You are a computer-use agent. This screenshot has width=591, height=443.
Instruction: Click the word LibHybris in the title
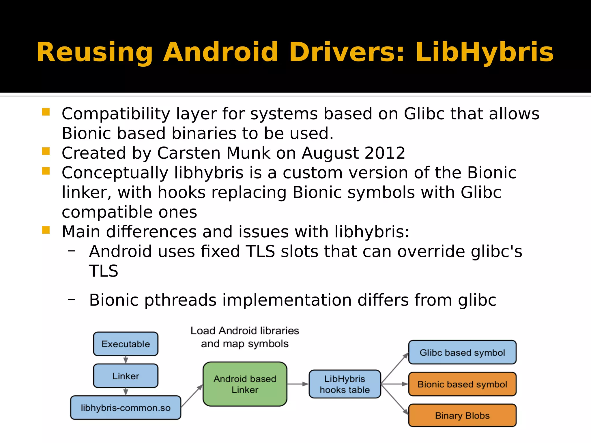[x=484, y=52]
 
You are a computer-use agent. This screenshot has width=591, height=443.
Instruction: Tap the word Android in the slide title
[x=220, y=52]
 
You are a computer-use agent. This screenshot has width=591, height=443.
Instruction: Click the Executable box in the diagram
[x=126, y=344]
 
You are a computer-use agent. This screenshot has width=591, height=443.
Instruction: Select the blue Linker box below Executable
[x=126, y=376]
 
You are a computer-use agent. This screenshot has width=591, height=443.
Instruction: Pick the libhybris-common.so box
[x=126, y=408]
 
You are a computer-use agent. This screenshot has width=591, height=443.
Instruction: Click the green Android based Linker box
[x=245, y=384]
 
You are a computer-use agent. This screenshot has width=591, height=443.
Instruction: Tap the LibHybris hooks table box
[x=345, y=384]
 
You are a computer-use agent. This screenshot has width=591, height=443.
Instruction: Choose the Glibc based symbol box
[x=462, y=352]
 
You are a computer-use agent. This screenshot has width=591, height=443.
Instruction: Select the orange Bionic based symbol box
[x=462, y=384]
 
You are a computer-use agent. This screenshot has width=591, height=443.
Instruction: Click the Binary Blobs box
[x=462, y=415]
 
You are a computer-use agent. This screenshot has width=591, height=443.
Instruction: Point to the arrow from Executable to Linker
[x=126, y=360]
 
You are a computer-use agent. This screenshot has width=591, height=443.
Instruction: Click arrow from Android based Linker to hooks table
[x=298, y=384]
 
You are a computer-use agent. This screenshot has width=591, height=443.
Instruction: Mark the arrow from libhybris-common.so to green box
[x=192, y=396]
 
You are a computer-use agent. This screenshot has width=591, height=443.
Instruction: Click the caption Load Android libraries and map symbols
[x=245, y=337]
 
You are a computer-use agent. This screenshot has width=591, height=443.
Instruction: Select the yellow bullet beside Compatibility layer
[x=46, y=112]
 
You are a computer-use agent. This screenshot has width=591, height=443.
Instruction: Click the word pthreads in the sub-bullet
[x=180, y=300]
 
